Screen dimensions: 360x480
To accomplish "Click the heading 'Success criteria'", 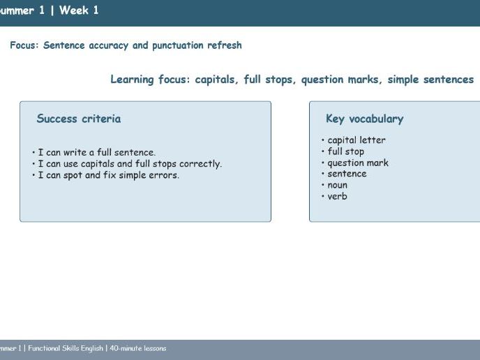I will pyautogui.click(x=78, y=119).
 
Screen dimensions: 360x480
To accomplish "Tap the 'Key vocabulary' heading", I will pyautogui.click(x=364, y=119).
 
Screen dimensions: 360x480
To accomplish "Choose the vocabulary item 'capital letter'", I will pyautogui.click(x=356, y=140).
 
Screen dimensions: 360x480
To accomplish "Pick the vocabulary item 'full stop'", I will pyautogui.click(x=345, y=151).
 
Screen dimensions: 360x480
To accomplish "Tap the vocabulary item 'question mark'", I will pyautogui.click(x=358, y=163).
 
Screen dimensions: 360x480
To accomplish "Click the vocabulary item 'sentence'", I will pyautogui.click(x=347, y=174).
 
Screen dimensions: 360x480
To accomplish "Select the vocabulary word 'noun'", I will pyautogui.click(x=337, y=185).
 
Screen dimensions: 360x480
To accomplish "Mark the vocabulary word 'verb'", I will pyautogui.click(x=337, y=196).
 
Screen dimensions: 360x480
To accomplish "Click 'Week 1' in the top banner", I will pyautogui.click(x=79, y=10).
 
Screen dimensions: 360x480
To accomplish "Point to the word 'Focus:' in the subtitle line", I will pyautogui.click(x=24, y=45).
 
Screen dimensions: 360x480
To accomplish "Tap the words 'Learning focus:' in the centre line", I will pyautogui.click(x=150, y=80).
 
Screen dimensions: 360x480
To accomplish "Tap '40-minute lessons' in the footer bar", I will pyautogui.click(x=137, y=348).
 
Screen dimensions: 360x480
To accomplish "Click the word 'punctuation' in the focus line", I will pyautogui.click(x=178, y=45).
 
